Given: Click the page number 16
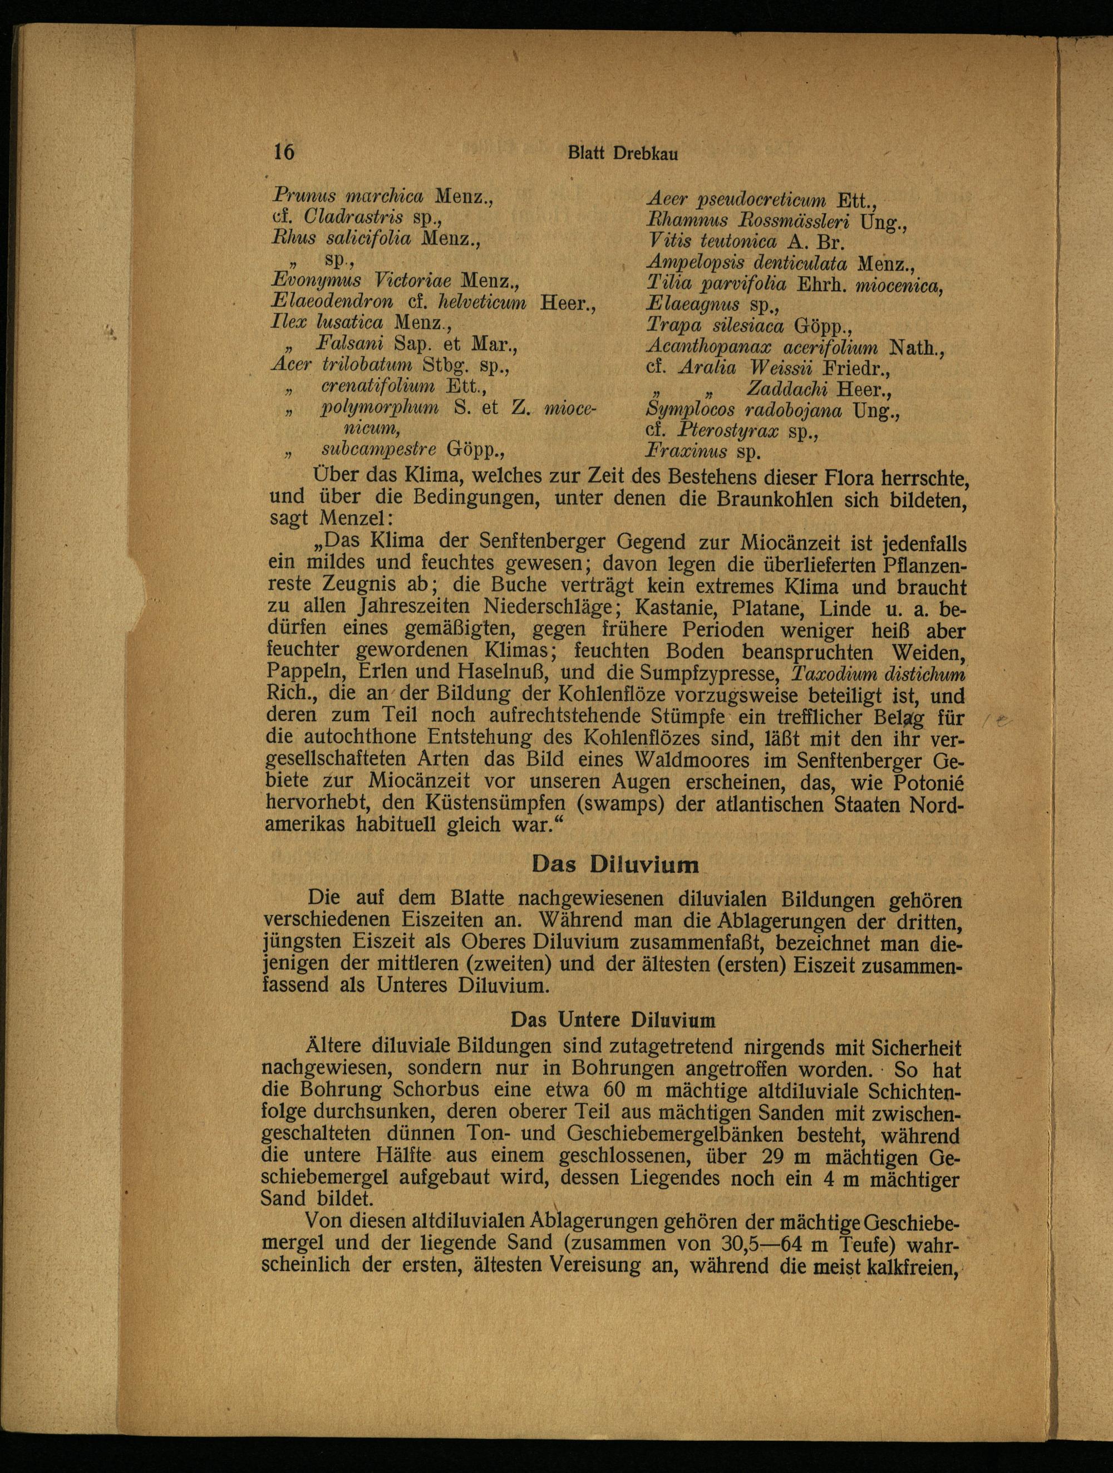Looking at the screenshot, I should (x=284, y=152).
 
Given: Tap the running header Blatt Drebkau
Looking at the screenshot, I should (x=622, y=153).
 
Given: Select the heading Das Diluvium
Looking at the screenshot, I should (x=615, y=865).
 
